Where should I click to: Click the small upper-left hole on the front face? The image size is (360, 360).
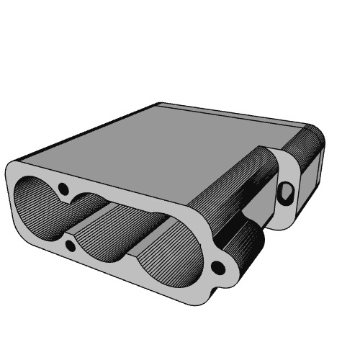click(63, 189)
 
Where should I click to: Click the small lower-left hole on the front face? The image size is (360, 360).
click(70, 246)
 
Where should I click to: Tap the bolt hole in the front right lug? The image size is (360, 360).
click(218, 269)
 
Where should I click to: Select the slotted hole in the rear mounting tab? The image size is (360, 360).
click(287, 192)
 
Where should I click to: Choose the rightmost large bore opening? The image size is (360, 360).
click(169, 259)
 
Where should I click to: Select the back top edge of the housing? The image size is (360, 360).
click(230, 112)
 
